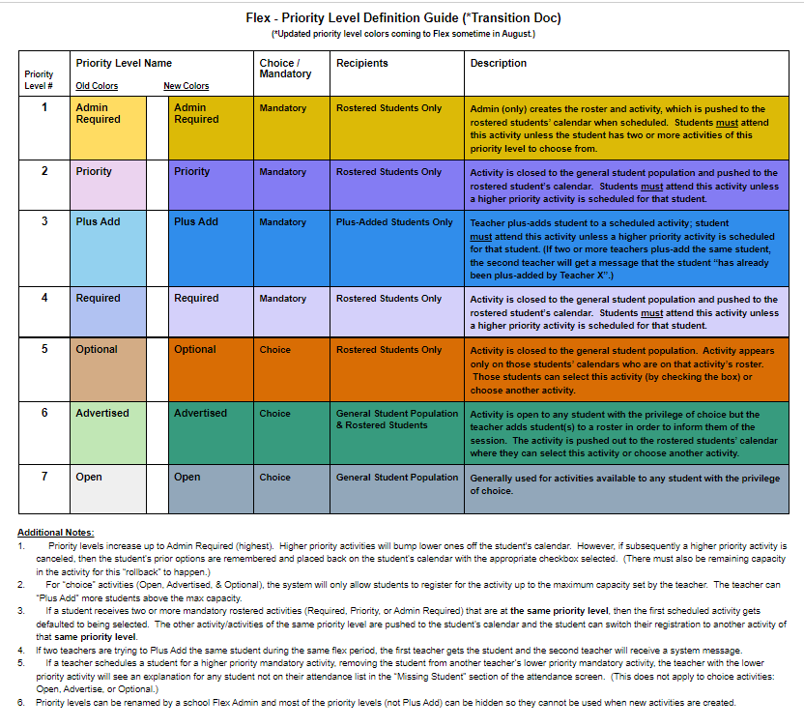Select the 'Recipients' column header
tap(362, 63)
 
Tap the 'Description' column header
tap(498, 63)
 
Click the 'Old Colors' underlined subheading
tap(97, 86)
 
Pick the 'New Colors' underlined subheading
tap(186, 86)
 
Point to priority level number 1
tap(43, 108)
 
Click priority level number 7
tap(43, 478)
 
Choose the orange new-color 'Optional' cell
tap(210, 368)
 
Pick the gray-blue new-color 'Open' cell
tap(210, 488)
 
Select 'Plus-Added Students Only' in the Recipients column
tap(394, 222)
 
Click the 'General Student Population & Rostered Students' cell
tap(396, 419)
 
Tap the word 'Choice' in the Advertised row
tap(274, 414)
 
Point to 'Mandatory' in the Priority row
tap(282, 172)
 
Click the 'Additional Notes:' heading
tap(56, 533)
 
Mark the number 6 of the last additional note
tap(21, 703)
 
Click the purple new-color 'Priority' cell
tap(210, 184)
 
